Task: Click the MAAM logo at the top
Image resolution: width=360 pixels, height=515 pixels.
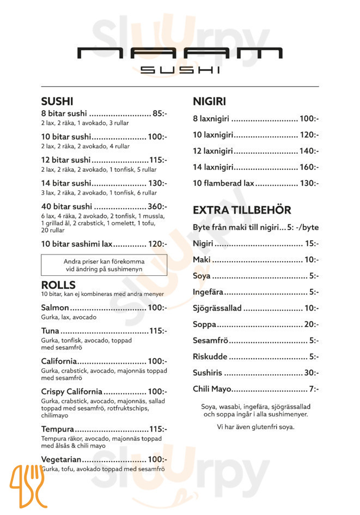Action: tap(180, 53)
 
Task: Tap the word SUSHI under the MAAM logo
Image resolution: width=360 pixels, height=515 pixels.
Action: tap(180, 70)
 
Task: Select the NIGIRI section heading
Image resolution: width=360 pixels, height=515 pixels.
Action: tap(209, 101)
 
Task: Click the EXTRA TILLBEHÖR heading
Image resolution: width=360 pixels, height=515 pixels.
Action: tap(242, 210)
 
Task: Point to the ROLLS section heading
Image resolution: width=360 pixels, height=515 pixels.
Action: tap(58, 285)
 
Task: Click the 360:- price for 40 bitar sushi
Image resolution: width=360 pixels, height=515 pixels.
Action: tap(157, 207)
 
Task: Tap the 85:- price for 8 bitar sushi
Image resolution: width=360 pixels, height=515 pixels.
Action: tap(160, 113)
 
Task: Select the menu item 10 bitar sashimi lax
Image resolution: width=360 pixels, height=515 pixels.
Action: tap(77, 244)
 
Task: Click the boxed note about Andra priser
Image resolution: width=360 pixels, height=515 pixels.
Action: tap(104, 265)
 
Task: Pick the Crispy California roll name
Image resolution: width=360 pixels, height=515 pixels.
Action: tap(71, 391)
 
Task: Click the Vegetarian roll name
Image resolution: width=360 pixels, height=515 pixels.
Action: tap(61, 459)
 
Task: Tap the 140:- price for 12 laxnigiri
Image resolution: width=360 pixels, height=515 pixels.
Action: tap(309, 151)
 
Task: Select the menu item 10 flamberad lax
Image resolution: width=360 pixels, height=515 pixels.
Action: tap(224, 183)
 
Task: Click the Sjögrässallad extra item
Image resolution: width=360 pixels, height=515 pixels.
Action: tap(217, 308)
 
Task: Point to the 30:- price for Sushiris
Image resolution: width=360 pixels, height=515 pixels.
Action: tap(311, 373)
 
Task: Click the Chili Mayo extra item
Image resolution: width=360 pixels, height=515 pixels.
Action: tap(212, 389)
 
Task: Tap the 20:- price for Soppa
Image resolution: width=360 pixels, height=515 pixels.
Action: tap(311, 324)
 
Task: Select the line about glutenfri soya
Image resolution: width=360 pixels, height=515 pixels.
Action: tap(255, 427)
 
